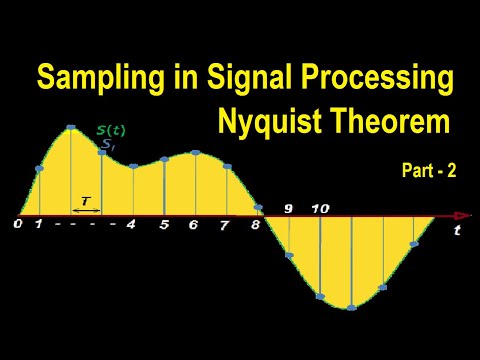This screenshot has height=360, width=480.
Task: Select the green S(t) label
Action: [x=111, y=131]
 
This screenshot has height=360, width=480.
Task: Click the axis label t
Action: [x=457, y=230]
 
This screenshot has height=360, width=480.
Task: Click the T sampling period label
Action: [x=85, y=201]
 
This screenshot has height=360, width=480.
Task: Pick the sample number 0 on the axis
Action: [x=18, y=224]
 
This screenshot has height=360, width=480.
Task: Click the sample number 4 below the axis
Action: [x=131, y=224]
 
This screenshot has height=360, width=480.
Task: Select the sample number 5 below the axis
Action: [x=164, y=225]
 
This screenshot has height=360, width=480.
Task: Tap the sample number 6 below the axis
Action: [x=193, y=225]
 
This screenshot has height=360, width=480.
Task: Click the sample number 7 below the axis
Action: [x=225, y=225]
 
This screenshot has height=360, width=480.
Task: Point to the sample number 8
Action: [x=256, y=225]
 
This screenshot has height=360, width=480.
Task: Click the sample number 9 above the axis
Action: [x=288, y=209]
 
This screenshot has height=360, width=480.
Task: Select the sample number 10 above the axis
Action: [x=320, y=209]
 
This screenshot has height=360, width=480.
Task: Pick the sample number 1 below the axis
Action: [x=38, y=224]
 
